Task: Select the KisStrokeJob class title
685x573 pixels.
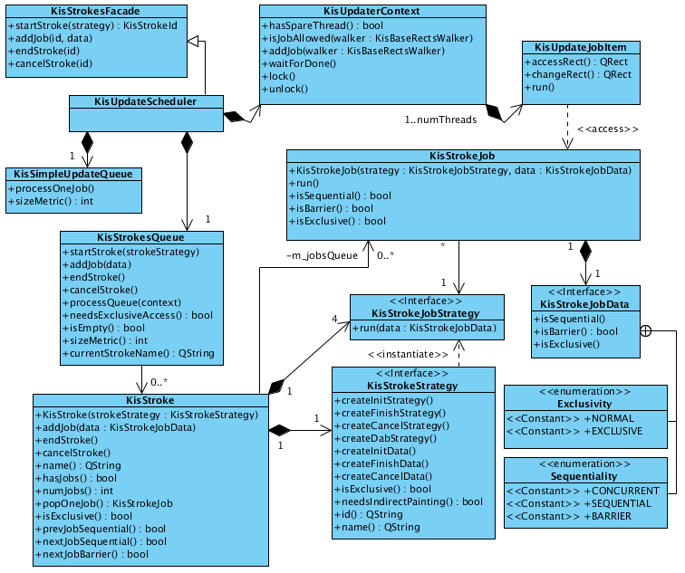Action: pyautogui.click(x=463, y=156)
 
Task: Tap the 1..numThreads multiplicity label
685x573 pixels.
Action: pyautogui.click(x=440, y=119)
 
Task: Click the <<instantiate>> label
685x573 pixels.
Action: pyautogui.click(x=408, y=354)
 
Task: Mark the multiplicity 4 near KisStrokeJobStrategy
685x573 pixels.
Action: pyautogui.click(x=335, y=319)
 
